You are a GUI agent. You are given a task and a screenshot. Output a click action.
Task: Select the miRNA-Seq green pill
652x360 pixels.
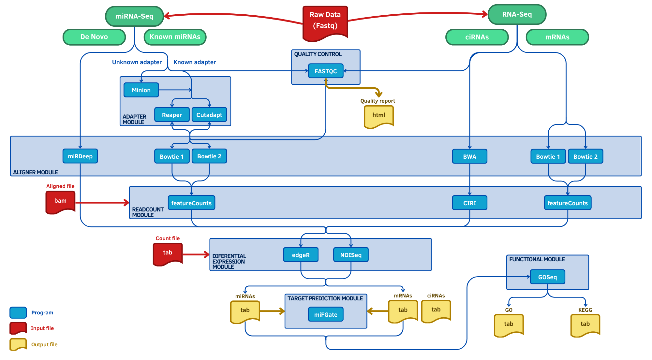coord(134,16)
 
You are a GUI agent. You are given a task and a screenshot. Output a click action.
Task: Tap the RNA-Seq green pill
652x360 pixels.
coord(517,14)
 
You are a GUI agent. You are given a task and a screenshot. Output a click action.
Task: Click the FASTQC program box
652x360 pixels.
coord(326,71)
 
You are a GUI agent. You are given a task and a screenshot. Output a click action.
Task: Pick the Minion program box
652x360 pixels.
coord(141,90)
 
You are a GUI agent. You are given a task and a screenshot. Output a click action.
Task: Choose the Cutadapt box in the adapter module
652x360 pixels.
coord(209,115)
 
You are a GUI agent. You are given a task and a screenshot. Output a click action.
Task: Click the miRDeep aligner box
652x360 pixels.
coord(80,156)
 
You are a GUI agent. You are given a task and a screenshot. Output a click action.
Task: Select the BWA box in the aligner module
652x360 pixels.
coord(469,156)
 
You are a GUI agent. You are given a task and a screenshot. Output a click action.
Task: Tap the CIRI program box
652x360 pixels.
coord(469,203)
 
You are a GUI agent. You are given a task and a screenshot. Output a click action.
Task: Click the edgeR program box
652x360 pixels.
coord(301,255)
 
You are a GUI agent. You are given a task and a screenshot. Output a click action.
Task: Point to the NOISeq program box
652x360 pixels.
coord(351,255)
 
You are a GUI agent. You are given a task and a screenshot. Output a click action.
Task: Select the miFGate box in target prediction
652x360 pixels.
coord(326,314)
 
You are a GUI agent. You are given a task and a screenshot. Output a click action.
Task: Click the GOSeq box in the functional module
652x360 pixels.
coord(547,277)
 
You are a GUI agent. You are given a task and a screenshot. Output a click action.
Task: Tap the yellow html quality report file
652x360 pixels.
coord(378,116)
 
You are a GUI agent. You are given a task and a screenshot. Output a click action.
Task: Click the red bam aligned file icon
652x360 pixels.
coord(60,201)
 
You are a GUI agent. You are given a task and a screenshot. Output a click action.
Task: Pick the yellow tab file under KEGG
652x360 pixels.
coord(585,324)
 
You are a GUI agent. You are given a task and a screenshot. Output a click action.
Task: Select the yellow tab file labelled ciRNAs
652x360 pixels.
coord(436,310)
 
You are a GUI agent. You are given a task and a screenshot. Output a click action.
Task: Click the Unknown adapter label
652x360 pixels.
coord(137,62)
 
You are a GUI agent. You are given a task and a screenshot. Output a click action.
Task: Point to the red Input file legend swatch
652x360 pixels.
coord(18,328)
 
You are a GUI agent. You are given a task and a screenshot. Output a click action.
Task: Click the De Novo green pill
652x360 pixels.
coord(94,37)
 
